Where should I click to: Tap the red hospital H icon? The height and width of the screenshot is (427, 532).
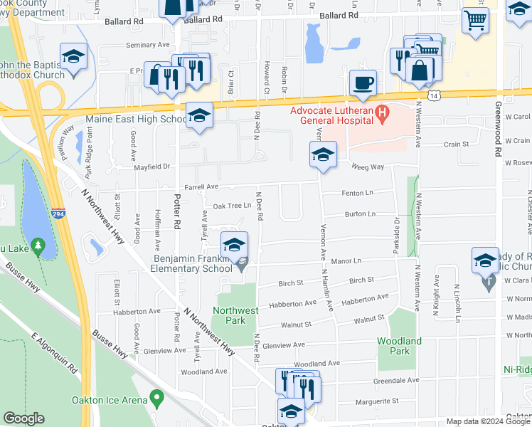tap(383, 112)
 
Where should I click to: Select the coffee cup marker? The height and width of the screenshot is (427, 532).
tap(363, 83)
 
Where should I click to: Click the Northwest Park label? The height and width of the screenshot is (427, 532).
tap(236, 316)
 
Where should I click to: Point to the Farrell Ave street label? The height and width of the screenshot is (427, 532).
tap(201, 186)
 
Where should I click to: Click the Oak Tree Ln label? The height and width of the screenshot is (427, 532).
tap(233, 206)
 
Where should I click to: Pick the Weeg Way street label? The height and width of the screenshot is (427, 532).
tap(369, 167)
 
